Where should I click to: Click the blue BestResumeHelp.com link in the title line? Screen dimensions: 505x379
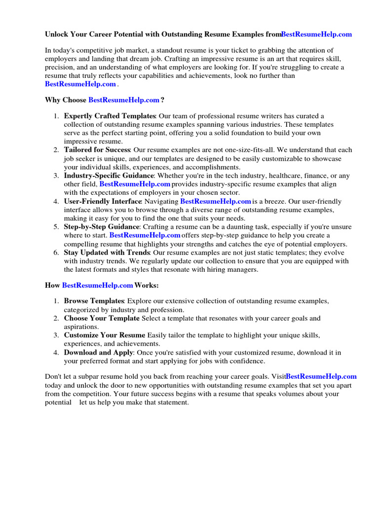(x=316, y=34)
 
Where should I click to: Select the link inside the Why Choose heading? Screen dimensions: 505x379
(x=124, y=100)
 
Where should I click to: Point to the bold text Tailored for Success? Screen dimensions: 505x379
(x=97, y=150)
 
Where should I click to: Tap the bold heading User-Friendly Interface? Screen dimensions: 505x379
(x=103, y=201)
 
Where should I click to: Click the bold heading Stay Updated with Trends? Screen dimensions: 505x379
(x=107, y=252)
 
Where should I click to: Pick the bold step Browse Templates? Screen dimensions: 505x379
(x=93, y=301)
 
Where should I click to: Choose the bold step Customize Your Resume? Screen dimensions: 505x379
(x=104, y=335)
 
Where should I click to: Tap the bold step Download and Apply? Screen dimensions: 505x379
(x=98, y=353)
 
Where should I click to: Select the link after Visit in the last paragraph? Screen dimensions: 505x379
(x=321, y=377)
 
